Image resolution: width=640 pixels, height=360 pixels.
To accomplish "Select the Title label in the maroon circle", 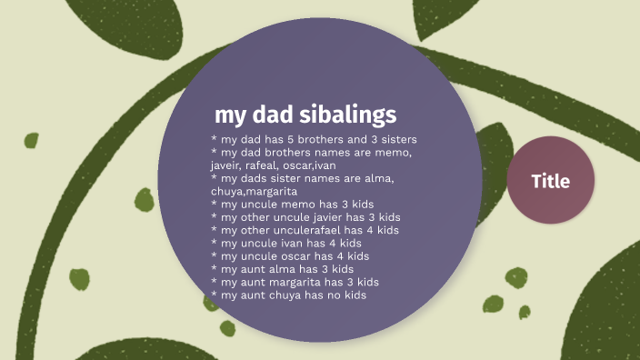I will pyautogui.click(x=550, y=181).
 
